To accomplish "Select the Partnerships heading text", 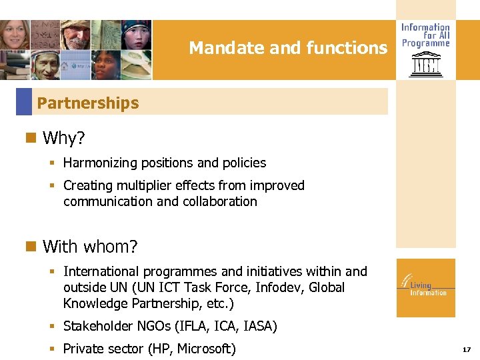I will coord(88,103).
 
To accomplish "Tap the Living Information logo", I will coord(425,287).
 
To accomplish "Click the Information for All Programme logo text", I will coord(425,35).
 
